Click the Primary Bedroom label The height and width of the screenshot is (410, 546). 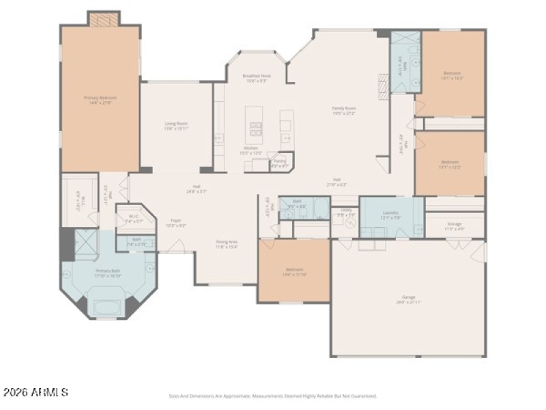(x=100, y=98)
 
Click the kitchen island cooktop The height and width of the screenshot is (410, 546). (x=255, y=128)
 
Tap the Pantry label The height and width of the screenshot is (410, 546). (x=280, y=162)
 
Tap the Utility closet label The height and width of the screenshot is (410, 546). (x=346, y=213)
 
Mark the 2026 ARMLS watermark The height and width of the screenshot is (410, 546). (x=35, y=392)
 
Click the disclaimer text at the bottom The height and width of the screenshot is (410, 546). (x=272, y=396)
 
